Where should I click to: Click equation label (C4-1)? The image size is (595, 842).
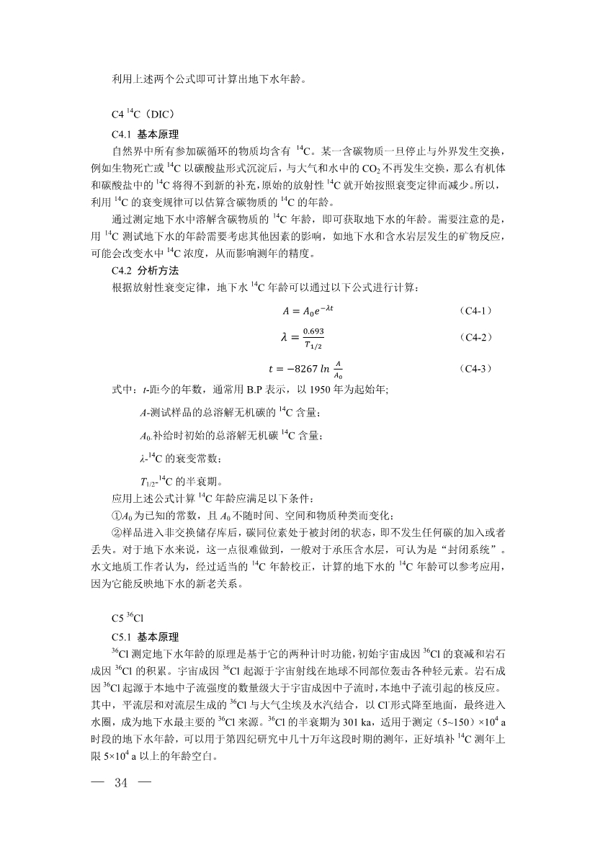click(475, 311)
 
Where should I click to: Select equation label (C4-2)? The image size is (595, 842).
click(475, 337)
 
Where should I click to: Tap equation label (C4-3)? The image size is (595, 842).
click(475, 369)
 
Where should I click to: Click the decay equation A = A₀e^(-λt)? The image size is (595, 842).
click(308, 311)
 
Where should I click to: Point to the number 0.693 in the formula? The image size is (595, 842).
click(313, 331)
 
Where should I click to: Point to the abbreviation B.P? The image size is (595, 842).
click(259, 390)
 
